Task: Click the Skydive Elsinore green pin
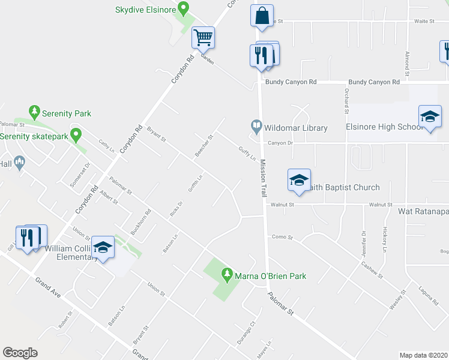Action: pos(184,9)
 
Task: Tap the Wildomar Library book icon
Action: pos(256,127)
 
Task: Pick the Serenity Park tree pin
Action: pos(35,112)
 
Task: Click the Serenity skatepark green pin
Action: pos(76,136)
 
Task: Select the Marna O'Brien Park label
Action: pos(271,276)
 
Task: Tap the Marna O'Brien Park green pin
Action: pos(227,275)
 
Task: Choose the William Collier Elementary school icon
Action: pos(103,247)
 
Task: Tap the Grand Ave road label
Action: pos(47,286)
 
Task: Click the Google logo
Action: pos(20,352)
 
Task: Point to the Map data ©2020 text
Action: pos(423,355)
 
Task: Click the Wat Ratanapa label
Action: pos(423,211)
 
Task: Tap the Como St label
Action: pos(282,237)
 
